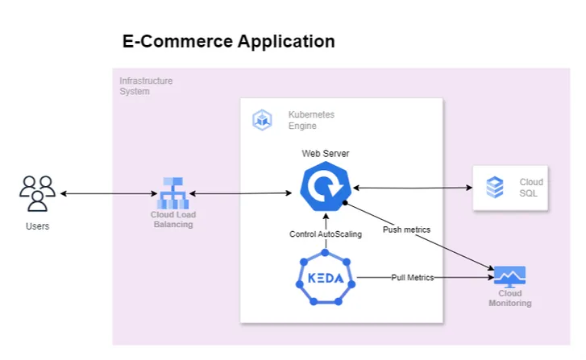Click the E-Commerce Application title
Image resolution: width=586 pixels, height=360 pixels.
pos(228,41)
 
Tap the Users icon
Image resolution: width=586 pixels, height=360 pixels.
pos(37,193)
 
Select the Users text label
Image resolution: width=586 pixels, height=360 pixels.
pos(37,226)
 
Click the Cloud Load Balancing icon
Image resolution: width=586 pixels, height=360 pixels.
pos(172,193)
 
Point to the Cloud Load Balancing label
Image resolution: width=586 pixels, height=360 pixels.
pos(173,219)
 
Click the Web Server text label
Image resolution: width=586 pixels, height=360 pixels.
pos(326,153)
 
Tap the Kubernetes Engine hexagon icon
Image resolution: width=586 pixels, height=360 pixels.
pos(262,121)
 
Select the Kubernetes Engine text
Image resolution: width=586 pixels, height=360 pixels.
pos(311,121)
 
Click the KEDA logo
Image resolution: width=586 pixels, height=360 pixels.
pos(326,279)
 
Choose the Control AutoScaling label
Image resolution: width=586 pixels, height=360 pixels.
pos(326,234)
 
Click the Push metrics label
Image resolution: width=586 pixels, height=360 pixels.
pos(406,230)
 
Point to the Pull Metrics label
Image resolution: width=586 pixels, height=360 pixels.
pos(413,277)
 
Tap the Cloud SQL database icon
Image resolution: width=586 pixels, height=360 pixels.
pos(495,188)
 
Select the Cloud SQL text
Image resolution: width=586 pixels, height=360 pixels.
pos(531,188)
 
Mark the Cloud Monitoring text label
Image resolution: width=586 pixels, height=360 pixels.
pos(509,299)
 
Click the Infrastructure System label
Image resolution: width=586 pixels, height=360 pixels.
pos(146,86)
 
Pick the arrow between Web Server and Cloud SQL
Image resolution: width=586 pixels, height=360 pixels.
pos(411,188)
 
